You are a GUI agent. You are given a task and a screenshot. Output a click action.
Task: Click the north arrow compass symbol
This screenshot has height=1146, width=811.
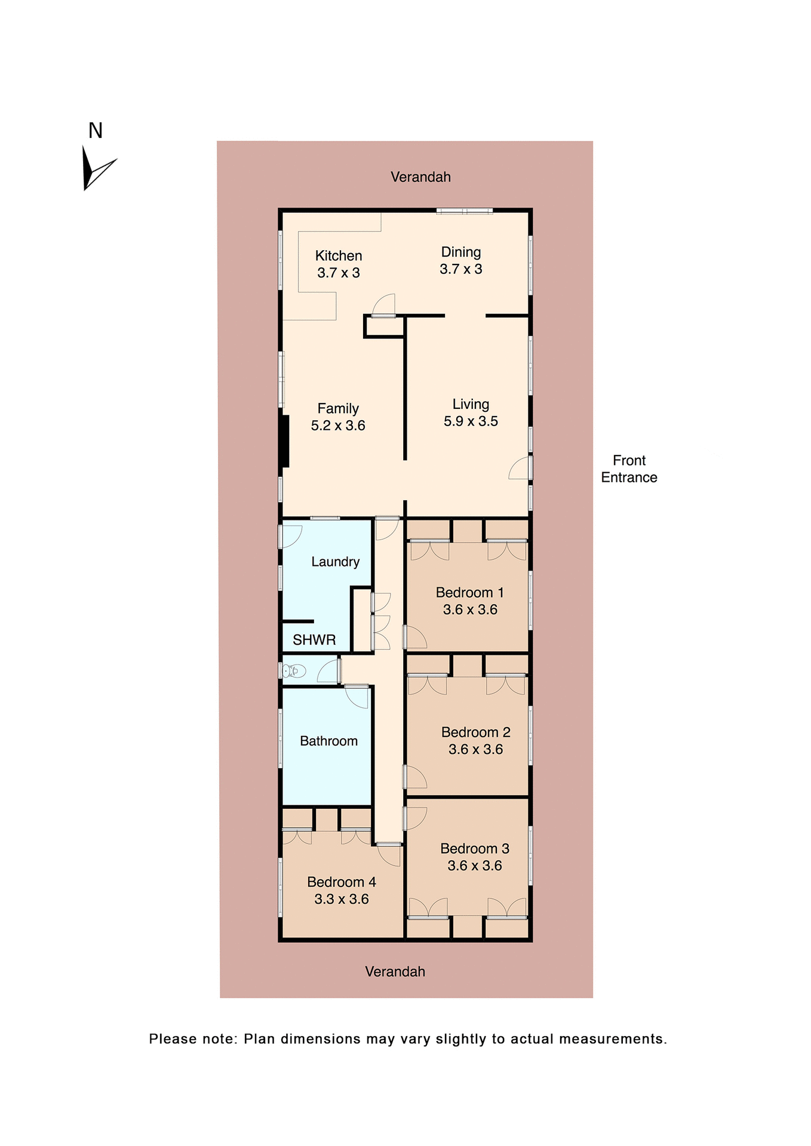click(x=96, y=169)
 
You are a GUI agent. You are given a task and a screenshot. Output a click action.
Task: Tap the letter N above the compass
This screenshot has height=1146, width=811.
click(x=96, y=131)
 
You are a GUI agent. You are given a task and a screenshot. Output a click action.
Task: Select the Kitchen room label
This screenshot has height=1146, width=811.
click(x=339, y=256)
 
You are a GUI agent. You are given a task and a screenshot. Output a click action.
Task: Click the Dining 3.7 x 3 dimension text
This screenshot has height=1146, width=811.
click(x=461, y=269)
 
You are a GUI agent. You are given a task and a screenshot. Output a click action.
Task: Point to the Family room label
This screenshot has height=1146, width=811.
click(x=338, y=409)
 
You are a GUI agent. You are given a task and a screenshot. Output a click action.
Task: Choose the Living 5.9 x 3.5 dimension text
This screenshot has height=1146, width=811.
click(x=471, y=421)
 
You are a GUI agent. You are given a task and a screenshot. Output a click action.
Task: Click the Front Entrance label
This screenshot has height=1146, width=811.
click(x=629, y=469)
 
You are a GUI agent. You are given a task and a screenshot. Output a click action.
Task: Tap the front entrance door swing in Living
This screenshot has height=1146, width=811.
click(x=520, y=469)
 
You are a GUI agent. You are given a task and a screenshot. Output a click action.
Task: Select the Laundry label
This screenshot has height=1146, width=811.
click(x=335, y=562)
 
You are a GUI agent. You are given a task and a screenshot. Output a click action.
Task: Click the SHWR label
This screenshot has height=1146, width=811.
click(x=314, y=640)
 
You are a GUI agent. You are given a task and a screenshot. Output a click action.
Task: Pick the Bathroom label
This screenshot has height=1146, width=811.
click(x=328, y=741)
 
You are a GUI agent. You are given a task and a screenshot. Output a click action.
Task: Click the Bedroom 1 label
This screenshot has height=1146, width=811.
click(x=470, y=593)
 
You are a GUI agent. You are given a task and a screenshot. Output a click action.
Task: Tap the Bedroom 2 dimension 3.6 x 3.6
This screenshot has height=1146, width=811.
click(x=476, y=750)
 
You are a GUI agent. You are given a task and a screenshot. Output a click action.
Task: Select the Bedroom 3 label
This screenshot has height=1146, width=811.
click(x=475, y=849)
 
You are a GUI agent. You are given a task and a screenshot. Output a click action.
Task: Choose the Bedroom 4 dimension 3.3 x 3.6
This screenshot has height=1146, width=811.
click(x=342, y=899)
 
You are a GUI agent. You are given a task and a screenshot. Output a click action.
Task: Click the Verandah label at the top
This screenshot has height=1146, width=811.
click(x=420, y=177)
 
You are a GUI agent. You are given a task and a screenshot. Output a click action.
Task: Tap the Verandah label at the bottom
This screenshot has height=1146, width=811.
click(x=395, y=972)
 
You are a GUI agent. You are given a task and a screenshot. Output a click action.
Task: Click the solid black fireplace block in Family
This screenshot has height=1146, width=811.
click(x=285, y=441)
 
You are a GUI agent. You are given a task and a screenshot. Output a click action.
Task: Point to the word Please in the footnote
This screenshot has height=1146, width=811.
click(x=173, y=1039)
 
